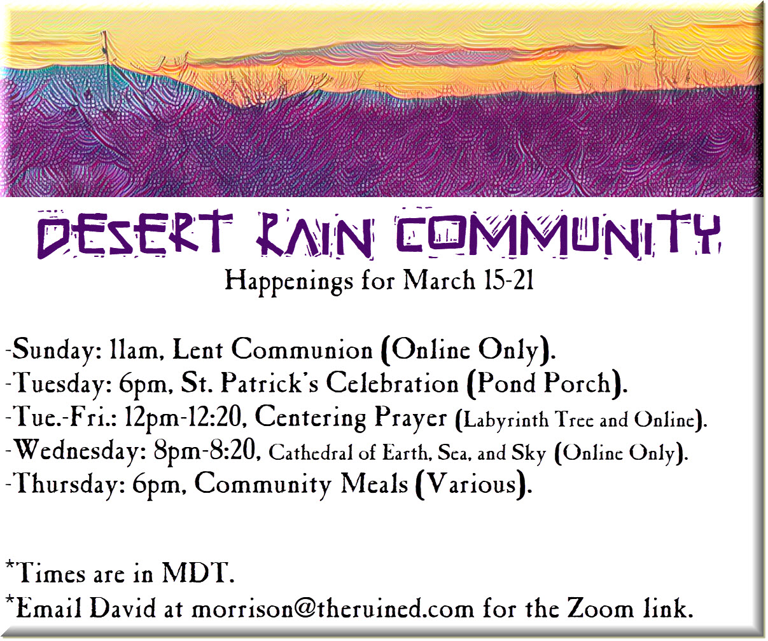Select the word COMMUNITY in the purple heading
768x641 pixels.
click(559, 233)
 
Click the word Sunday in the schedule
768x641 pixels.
click(53, 350)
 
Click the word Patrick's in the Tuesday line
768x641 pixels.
click(270, 383)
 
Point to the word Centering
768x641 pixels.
click(311, 418)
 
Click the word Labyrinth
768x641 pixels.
click(505, 420)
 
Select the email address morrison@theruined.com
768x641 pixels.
click(333, 608)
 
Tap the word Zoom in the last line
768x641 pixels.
click(600, 608)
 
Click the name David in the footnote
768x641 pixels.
click(123, 608)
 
